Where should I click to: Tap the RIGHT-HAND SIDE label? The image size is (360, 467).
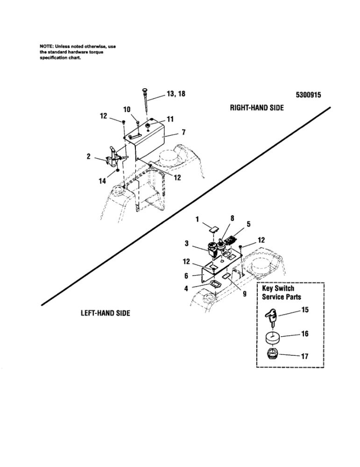(257, 107)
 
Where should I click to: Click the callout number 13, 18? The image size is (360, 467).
(176, 94)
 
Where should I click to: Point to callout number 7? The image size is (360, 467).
(184, 132)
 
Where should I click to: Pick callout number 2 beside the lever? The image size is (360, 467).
(88, 157)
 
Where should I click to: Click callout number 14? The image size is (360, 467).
(102, 182)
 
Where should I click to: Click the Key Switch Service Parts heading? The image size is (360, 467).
(281, 293)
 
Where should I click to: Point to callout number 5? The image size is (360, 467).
(248, 224)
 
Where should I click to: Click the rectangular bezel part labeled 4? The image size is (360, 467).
(214, 284)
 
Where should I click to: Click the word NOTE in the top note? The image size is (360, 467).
(46, 47)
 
